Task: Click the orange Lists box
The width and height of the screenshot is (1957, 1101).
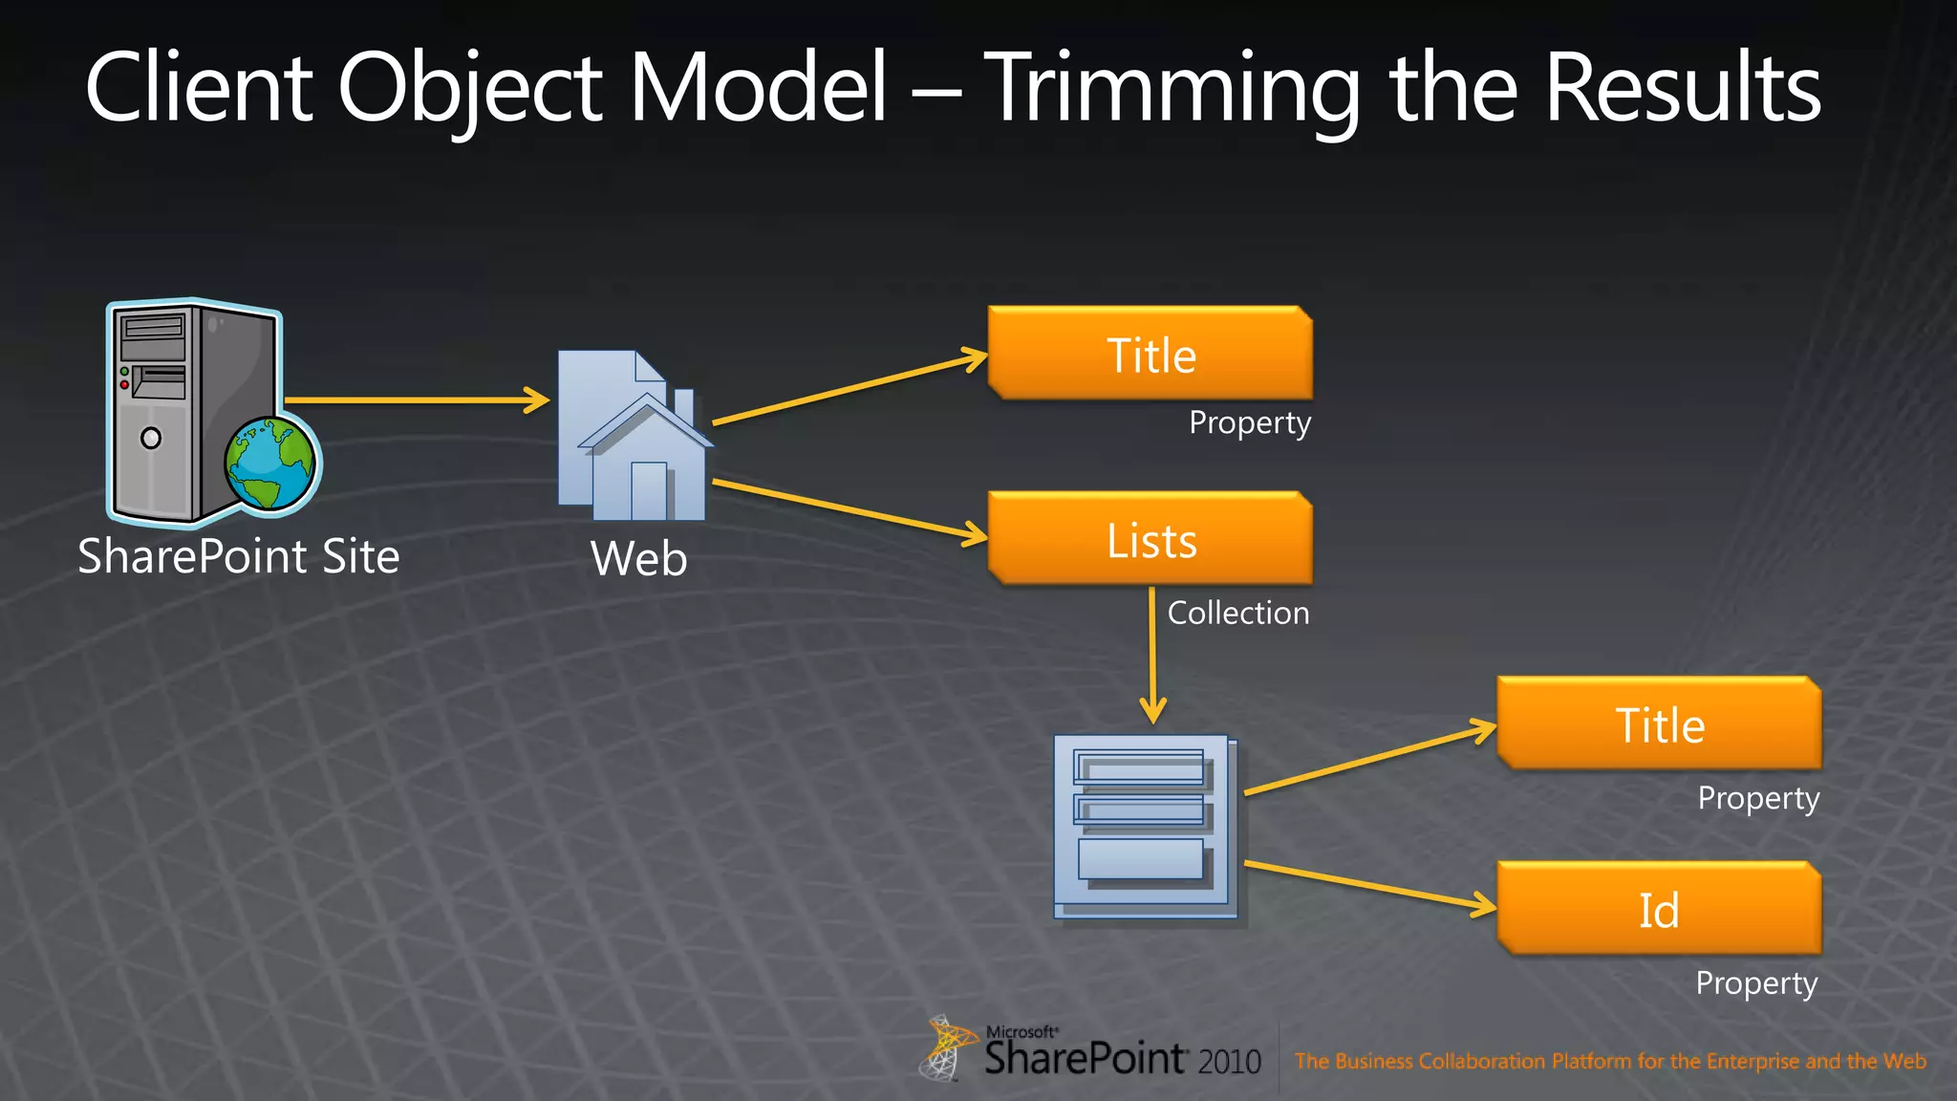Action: (x=1151, y=539)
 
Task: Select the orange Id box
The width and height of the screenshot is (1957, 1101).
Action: (x=1659, y=909)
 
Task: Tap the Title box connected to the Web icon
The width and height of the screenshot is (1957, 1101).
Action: (x=1151, y=355)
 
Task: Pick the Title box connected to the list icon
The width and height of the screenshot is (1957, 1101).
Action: (x=1659, y=724)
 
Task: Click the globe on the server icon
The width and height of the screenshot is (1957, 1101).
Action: (x=271, y=464)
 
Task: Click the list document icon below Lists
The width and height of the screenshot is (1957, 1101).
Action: (x=1145, y=827)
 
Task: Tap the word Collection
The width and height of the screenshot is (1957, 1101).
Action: (x=1237, y=613)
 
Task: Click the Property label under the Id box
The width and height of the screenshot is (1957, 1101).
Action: (x=1756, y=982)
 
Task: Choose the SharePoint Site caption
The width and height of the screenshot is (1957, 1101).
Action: (x=238, y=556)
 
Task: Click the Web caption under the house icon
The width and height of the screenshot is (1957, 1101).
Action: (x=638, y=558)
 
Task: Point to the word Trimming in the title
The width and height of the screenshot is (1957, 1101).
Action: (x=1172, y=88)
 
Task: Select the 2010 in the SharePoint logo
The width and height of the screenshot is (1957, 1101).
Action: (x=1230, y=1061)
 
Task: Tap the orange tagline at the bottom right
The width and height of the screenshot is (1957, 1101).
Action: (x=1609, y=1061)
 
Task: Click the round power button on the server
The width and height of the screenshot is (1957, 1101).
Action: (x=151, y=438)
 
